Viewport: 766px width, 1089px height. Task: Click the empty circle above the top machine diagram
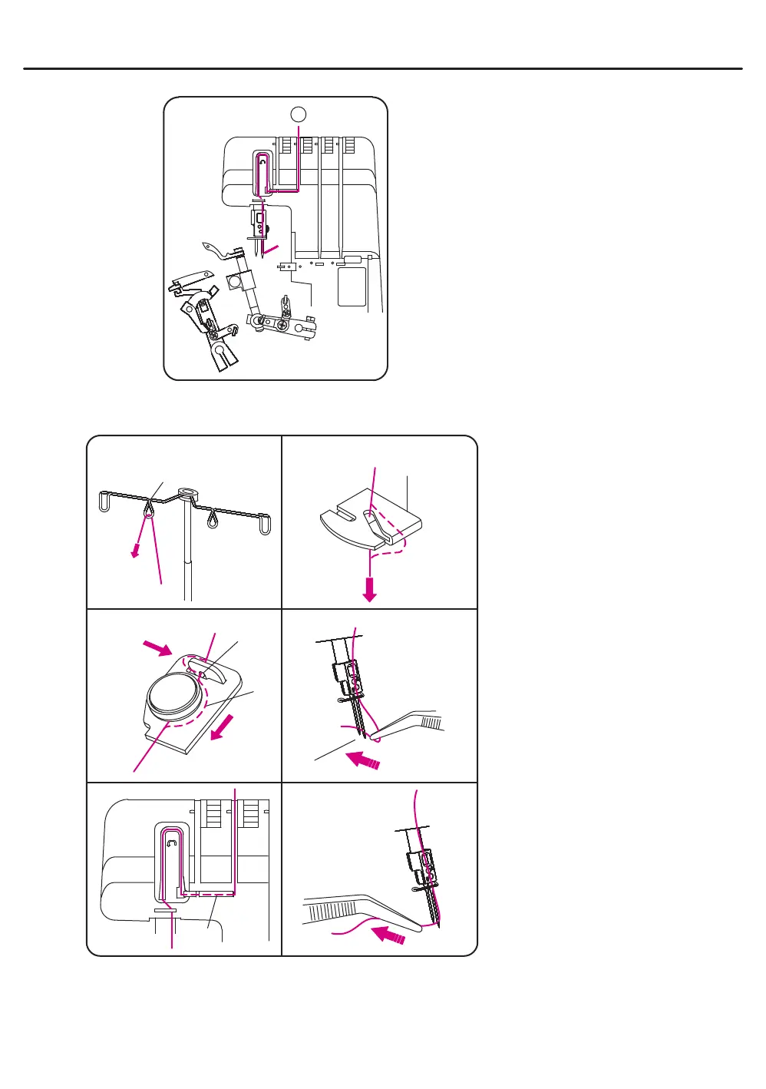pyautogui.click(x=299, y=114)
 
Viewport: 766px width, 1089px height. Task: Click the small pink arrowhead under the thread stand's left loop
pyautogui.click(x=135, y=551)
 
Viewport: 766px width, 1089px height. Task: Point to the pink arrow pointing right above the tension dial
pyautogui.click(x=159, y=649)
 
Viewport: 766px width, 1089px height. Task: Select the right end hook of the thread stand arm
pyautogui.click(x=266, y=526)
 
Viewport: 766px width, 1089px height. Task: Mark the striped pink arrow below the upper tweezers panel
pyautogui.click(x=363, y=760)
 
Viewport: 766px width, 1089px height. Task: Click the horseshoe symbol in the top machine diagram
pyautogui.click(x=262, y=163)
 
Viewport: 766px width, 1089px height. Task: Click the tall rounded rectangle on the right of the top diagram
pyautogui.click(x=352, y=286)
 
